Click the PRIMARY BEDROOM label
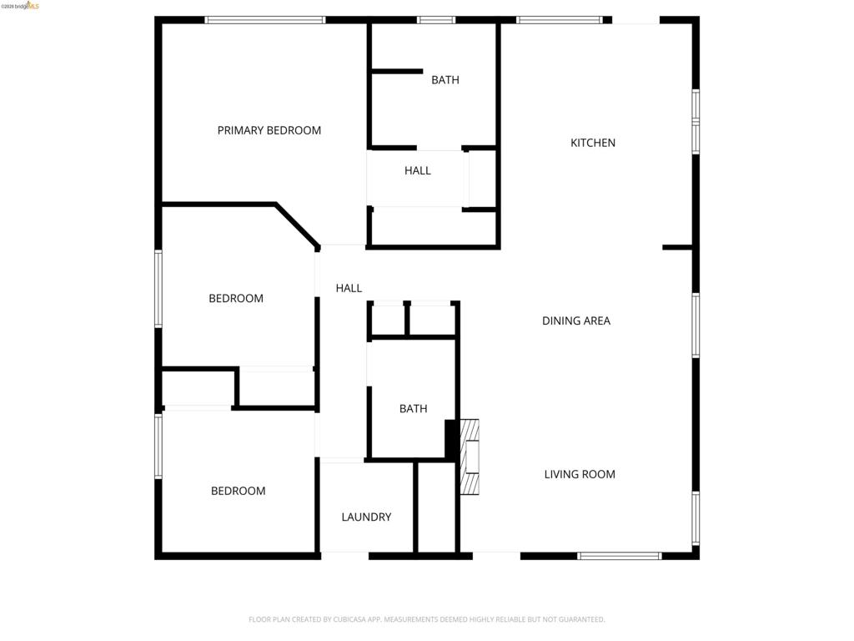pos(269,130)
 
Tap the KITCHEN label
pos(593,143)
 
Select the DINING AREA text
pos(576,321)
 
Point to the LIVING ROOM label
pos(580,474)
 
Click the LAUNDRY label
pos(367,517)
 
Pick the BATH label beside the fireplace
pos(414,409)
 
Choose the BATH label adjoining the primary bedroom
pos(445,80)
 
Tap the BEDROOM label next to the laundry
pos(238,491)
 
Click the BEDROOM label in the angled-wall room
pos(236,299)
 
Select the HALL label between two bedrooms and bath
pos(349,288)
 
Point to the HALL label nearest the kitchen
pos(418,170)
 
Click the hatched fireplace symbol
pos(470,457)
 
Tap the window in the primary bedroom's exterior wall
pos(265,20)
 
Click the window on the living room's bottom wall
pos(620,556)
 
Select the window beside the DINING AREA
pos(696,326)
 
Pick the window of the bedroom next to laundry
pos(158,446)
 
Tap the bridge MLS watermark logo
pos(20,6)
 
